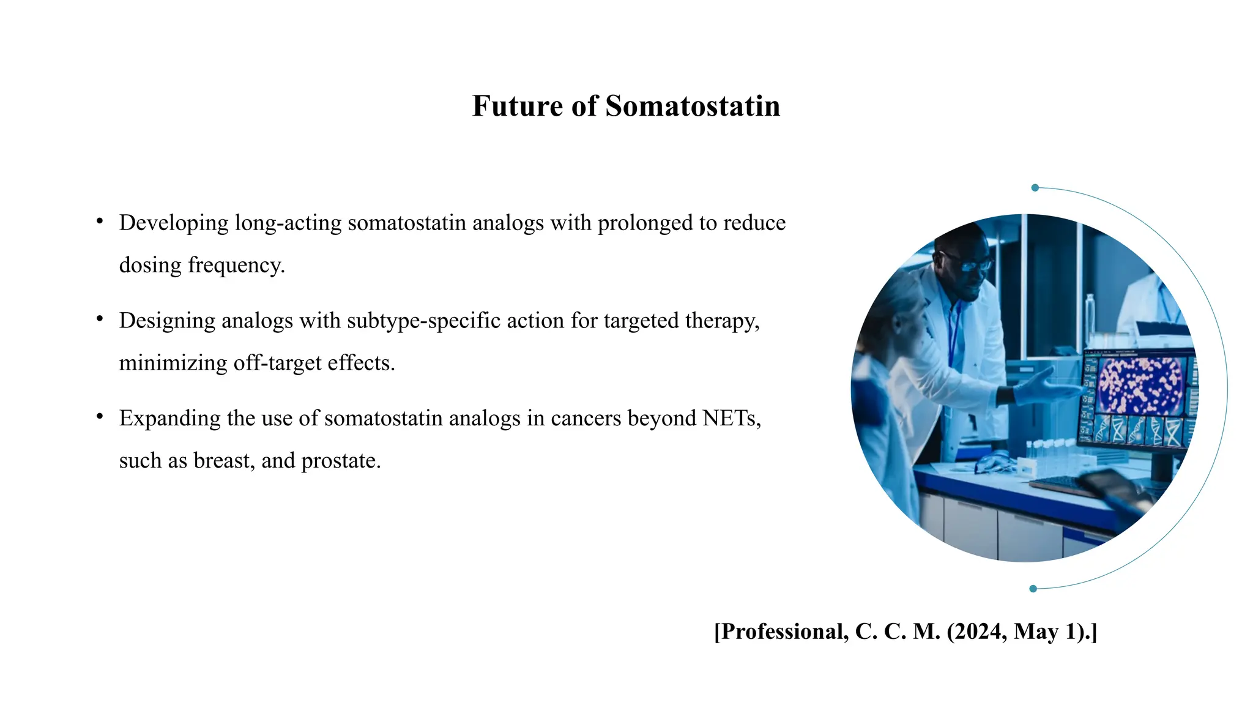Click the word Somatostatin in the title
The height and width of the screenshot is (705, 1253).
[x=693, y=106]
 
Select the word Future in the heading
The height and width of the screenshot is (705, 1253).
[x=518, y=106]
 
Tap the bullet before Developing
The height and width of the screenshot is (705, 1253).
[x=100, y=221]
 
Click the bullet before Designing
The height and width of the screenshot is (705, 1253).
[x=100, y=318]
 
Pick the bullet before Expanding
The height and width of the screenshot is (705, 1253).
[x=100, y=416]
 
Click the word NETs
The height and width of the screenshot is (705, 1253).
[x=732, y=418]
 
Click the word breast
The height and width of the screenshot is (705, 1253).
[x=224, y=460]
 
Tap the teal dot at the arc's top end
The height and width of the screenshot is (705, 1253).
[x=1035, y=188]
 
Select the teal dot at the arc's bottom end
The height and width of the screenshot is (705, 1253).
[x=1033, y=589]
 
